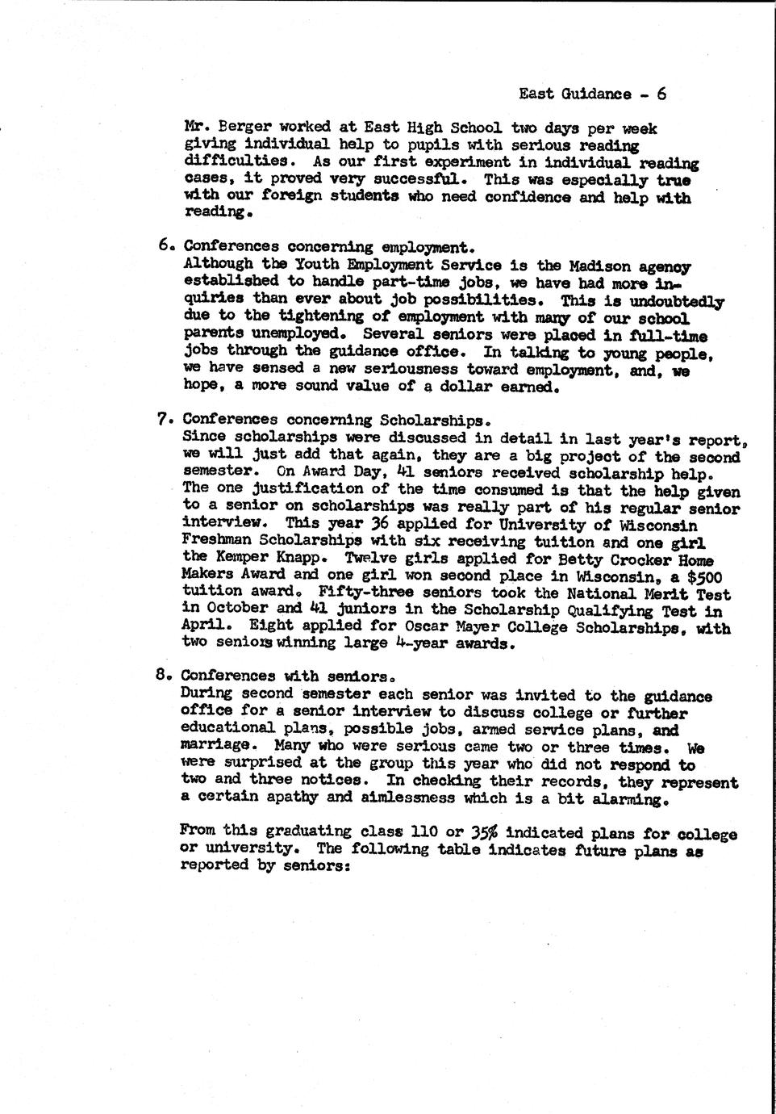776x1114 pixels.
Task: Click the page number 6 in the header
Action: tap(661, 94)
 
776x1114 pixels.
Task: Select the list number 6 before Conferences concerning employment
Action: tap(162, 245)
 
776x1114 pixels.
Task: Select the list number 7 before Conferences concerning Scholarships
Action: tap(161, 420)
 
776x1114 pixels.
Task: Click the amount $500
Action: tap(700, 576)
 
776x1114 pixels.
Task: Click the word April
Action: tap(204, 626)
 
